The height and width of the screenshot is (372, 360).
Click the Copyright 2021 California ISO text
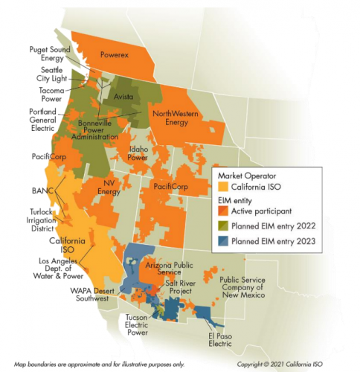295,365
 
